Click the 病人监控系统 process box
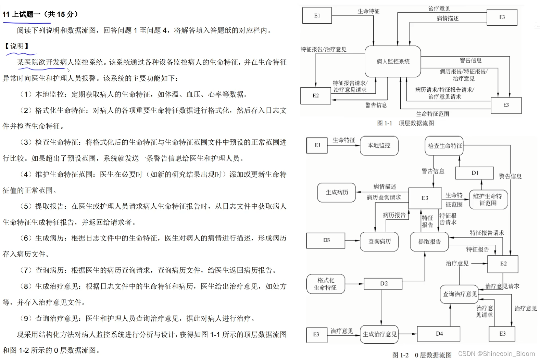[x=393, y=61]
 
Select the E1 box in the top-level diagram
[x=317, y=16]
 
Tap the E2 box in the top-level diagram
[x=315, y=96]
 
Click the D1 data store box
[x=474, y=173]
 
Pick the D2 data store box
[x=384, y=284]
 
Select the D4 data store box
[x=439, y=334]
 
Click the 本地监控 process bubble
[x=379, y=145]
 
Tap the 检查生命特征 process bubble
[x=444, y=146]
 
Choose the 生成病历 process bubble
[x=337, y=192]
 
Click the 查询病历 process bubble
[x=379, y=242]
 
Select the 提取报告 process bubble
[x=429, y=242]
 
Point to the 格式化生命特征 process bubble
[x=325, y=284]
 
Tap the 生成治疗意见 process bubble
[x=379, y=334]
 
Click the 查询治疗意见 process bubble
[x=460, y=294]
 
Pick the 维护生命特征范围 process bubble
[x=487, y=200]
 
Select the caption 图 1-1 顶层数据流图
[x=405, y=123]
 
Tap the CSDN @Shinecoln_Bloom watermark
[x=496, y=354]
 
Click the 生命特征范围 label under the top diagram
[x=432, y=114]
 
